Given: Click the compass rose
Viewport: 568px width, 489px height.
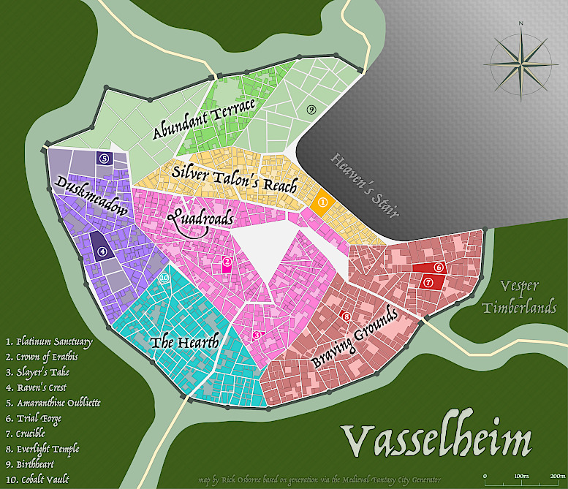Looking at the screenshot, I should pos(521,58).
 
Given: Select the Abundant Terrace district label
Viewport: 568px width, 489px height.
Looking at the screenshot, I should pos(204,118).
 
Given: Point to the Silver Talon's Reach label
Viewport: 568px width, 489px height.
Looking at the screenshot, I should pos(234,177).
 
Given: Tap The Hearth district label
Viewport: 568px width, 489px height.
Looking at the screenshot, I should pos(184,342).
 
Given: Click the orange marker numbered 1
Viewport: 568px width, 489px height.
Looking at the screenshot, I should pos(322,202).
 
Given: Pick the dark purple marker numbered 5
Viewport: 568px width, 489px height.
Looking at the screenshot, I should pos(104,158).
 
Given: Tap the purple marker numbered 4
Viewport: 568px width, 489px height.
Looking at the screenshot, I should pos(102,251).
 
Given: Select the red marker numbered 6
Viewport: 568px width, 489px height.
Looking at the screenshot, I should pos(439,268).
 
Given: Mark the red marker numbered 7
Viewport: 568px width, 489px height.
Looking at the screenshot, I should pos(428,282).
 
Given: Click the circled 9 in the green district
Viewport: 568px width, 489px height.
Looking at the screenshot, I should pos(311,109).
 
